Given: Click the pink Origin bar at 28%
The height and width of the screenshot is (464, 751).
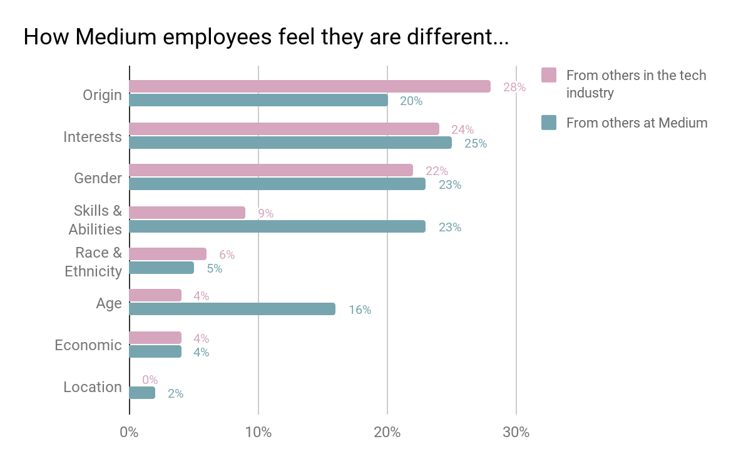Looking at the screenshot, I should (310, 86).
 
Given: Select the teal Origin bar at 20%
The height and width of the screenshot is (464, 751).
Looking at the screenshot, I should (258, 100).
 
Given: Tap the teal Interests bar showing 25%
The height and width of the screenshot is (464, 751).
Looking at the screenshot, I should (290, 143).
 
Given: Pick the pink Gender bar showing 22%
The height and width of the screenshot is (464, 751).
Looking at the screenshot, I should (271, 170).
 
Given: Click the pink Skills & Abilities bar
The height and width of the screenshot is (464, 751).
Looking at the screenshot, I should (187, 213).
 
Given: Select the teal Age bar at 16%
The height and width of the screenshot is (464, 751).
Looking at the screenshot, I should (232, 309).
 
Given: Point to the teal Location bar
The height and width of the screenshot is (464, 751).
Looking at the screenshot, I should (142, 393).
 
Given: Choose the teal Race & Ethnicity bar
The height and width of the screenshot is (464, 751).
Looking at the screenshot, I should (161, 268).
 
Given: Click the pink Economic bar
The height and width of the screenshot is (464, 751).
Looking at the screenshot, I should (155, 338).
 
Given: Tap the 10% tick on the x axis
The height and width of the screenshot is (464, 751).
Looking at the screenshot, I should (258, 432).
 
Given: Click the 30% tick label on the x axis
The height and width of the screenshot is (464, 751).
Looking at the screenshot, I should (516, 432).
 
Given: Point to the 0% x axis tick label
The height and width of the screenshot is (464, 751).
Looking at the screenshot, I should (130, 432).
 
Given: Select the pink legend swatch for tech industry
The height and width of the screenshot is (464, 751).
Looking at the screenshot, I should (549, 75).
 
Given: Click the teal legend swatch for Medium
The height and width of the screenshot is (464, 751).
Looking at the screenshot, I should (549, 123).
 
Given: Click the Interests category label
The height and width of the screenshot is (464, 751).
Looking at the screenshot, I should (93, 137).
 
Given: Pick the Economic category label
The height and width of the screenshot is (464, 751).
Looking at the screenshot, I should (88, 345).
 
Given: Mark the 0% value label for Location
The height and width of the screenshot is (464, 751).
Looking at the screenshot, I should (150, 380).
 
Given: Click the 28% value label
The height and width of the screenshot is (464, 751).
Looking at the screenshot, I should (514, 88).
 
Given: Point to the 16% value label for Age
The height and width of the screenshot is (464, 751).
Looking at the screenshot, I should (360, 310).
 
